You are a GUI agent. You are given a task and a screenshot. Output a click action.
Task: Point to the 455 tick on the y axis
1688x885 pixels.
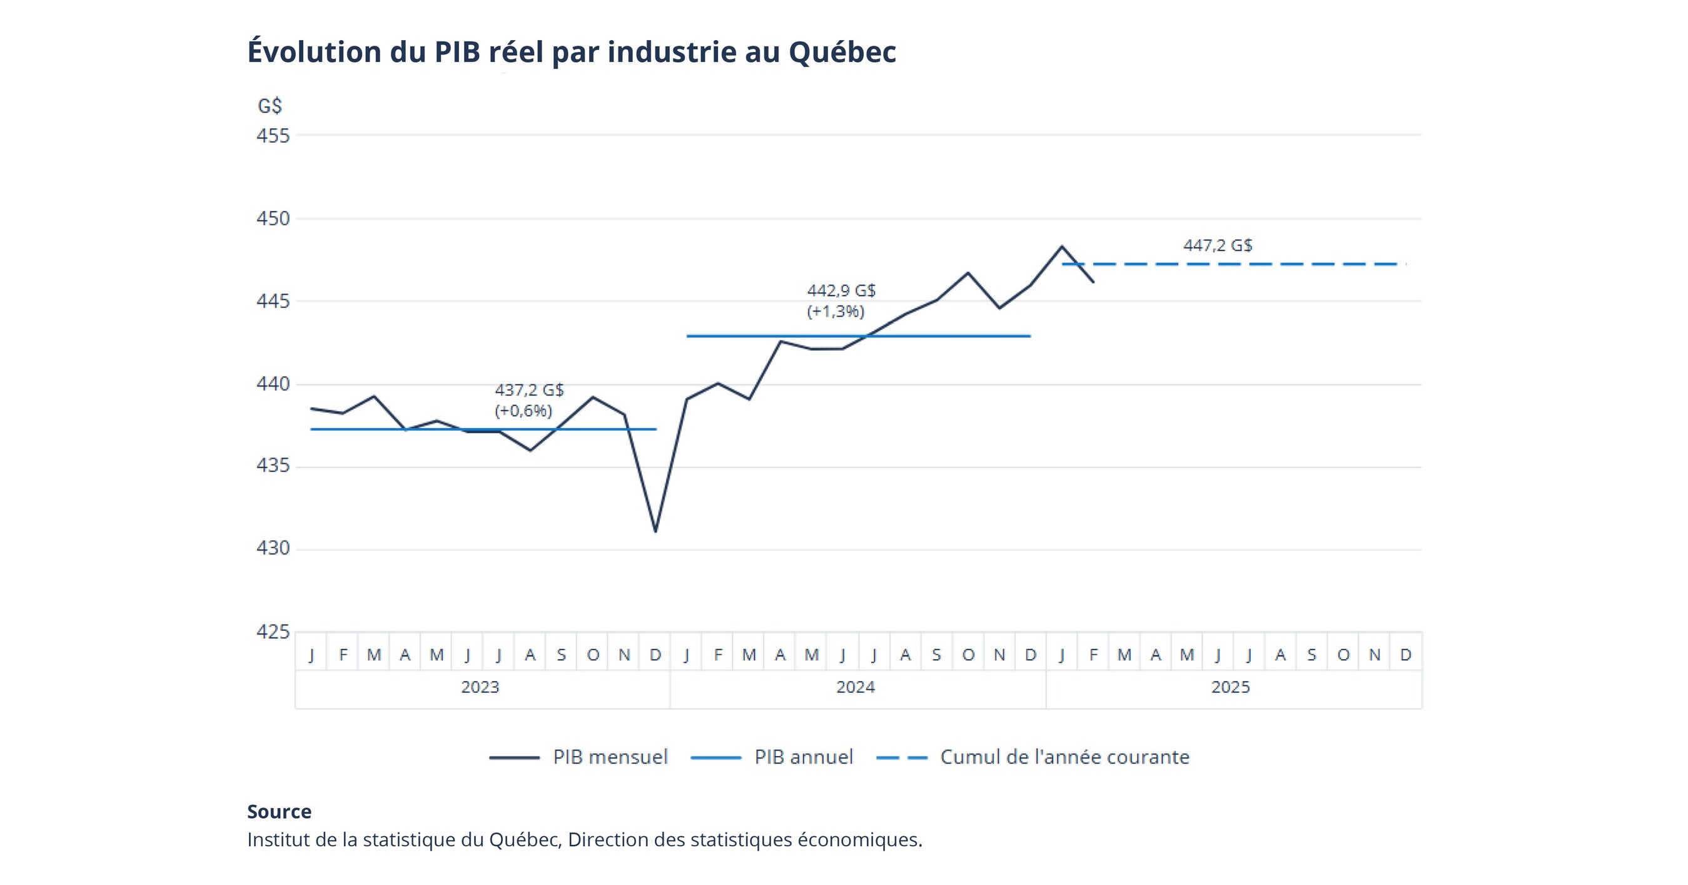(x=273, y=136)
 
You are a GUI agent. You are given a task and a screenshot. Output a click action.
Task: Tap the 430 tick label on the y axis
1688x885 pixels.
(x=273, y=548)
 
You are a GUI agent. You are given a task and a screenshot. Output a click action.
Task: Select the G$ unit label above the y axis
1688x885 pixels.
(x=270, y=106)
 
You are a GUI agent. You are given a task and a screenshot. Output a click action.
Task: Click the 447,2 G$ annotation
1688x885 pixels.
(x=1217, y=245)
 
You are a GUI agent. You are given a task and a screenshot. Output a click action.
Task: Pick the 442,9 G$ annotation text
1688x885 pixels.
(x=841, y=290)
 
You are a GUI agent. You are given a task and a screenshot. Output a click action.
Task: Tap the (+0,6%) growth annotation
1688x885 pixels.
(x=523, y=411)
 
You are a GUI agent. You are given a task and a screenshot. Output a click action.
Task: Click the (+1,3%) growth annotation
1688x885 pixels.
(x=836, y=312)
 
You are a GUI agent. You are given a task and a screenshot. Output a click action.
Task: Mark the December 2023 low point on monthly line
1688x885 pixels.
(x=655, y=530)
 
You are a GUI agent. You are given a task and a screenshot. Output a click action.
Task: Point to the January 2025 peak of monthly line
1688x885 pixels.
(x=1061, y=247)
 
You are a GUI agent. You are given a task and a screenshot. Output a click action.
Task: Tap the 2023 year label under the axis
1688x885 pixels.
(x=480, y=687)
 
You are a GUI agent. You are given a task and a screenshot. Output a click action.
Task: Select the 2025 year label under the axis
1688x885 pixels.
(x=1230, y=687)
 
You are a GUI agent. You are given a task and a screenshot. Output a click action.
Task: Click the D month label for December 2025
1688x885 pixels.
(x=1405, y=654)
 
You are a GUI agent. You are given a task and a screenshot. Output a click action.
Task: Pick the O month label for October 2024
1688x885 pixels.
(x=968, y=654)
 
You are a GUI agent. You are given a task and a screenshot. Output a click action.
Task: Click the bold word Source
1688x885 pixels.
(x=279, y=812)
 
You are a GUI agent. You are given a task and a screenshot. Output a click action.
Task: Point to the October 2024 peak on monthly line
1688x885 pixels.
(x=968, y=273)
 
